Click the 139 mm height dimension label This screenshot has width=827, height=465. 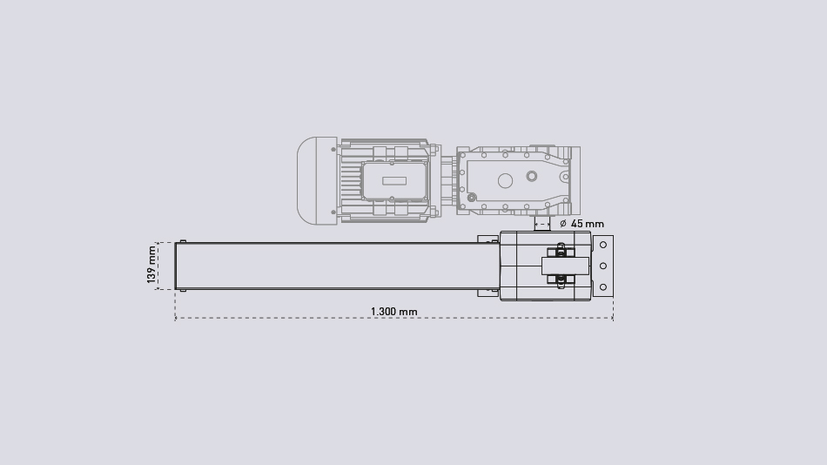click(152, 265)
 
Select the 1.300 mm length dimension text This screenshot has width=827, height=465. click(393, 312)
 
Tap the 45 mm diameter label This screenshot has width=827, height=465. click(588, 224)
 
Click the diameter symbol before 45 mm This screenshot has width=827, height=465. click(563, 224)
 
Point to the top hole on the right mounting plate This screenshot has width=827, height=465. click(603, 245)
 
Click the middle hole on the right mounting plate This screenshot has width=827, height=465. click(603, 266)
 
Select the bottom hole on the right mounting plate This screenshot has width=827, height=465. click(603, 287)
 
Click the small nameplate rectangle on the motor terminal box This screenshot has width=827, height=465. click(393, 180)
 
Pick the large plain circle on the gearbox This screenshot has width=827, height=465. click(505, 180)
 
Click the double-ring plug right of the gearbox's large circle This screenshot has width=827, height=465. click(532, 177)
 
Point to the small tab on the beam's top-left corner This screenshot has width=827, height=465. click(182, 241)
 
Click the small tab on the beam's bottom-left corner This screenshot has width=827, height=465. click(182, 290)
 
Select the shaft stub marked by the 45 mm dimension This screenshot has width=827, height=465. click(542, 224)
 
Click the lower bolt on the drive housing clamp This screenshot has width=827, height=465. click(561, 280)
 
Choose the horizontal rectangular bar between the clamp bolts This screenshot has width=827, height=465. click(565, 266)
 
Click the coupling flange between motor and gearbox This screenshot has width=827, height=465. click(447, 180)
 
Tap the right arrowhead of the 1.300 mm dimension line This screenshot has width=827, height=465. click(612, 318)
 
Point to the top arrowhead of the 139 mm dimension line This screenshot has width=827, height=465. click(158, 244)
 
